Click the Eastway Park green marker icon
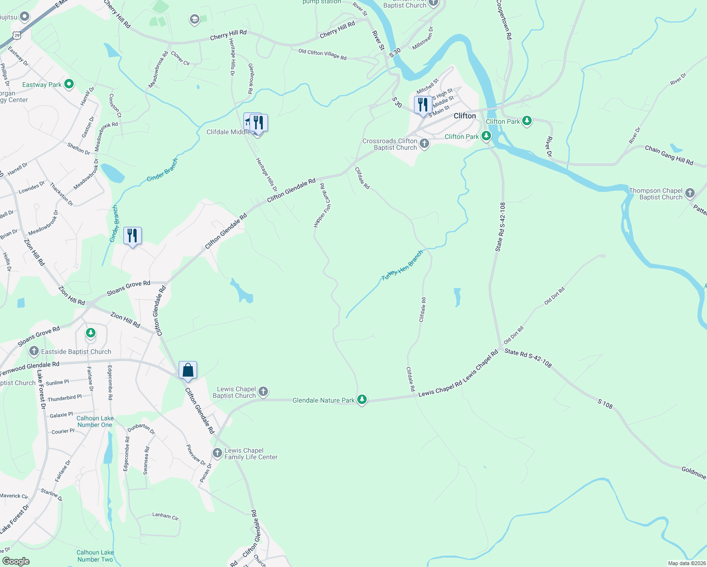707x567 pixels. pyautogui.click(x=69, y=84)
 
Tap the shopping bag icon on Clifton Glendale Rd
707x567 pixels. pyautogui.click(x=188, y=370)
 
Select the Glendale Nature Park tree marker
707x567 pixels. pyautogui.click(x=362, y=400)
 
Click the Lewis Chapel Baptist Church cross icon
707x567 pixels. pyautogui.click(x=263, y=391)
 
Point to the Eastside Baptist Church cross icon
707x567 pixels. pyautogui.click(x=34, y=351)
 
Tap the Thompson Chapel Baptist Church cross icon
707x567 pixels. pyautogui.click(x=690, y=193)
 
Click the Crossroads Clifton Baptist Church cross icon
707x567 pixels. pyautogui.click(x=424, y=144)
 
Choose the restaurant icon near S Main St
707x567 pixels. pyautogui.click(x=423, y=104)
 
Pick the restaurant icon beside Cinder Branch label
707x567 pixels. pyautogui.click(x=132, y=235)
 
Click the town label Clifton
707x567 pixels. pyautogui.click(x=465, y=116)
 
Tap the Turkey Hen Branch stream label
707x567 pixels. pyautogui.click(x=402, y=266)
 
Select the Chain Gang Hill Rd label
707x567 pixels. pyautogui.click(x=669, y=155)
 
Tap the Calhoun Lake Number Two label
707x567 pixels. pyautogui.click(x=95, y=556)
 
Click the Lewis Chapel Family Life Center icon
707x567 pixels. pyautogui.click(x=217, y=453)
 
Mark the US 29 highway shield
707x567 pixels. pyautogui.click(x=17, y=35)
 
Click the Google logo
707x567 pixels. pyautogui.click(x=16, y=561)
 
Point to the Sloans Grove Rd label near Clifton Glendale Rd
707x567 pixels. pyautogui.click(x=129, y=288)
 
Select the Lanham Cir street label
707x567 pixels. pyautogui.click(x=165, y=516)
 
